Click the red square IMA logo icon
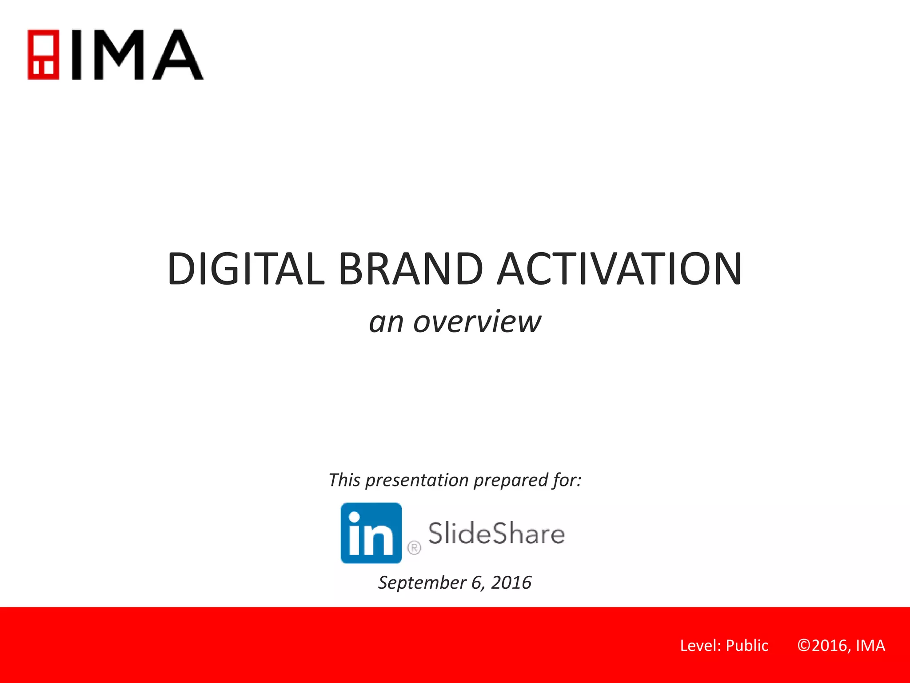tap(43, 54)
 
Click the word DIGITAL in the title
tap(246, 269)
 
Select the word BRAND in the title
tap(410, 269)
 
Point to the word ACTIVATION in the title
tap(619, 269)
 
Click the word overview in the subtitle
tap(477, 321)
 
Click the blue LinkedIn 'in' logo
tap(371, 533)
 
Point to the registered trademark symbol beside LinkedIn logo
tap(414, 548)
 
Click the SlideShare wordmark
tap(496, 533)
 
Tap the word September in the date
tap(422, 583)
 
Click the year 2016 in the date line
tap(511, 583)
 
